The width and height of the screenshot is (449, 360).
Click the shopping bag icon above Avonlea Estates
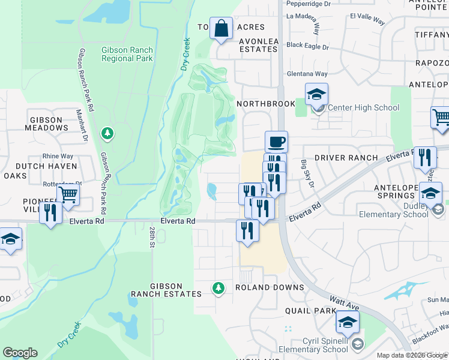(221, 28)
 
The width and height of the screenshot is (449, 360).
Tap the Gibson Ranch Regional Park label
(127, 55)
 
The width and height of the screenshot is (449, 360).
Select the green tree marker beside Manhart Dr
(107, 133)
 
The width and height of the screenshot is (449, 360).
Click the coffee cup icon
(276, 142)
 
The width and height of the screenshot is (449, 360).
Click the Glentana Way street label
(307, 74)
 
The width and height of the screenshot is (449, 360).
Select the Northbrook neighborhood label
(266, 104)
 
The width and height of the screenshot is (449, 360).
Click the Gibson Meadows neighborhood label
(47, 124)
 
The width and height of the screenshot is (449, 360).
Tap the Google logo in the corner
(20, 353)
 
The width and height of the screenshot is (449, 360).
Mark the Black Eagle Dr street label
(308, 46)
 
